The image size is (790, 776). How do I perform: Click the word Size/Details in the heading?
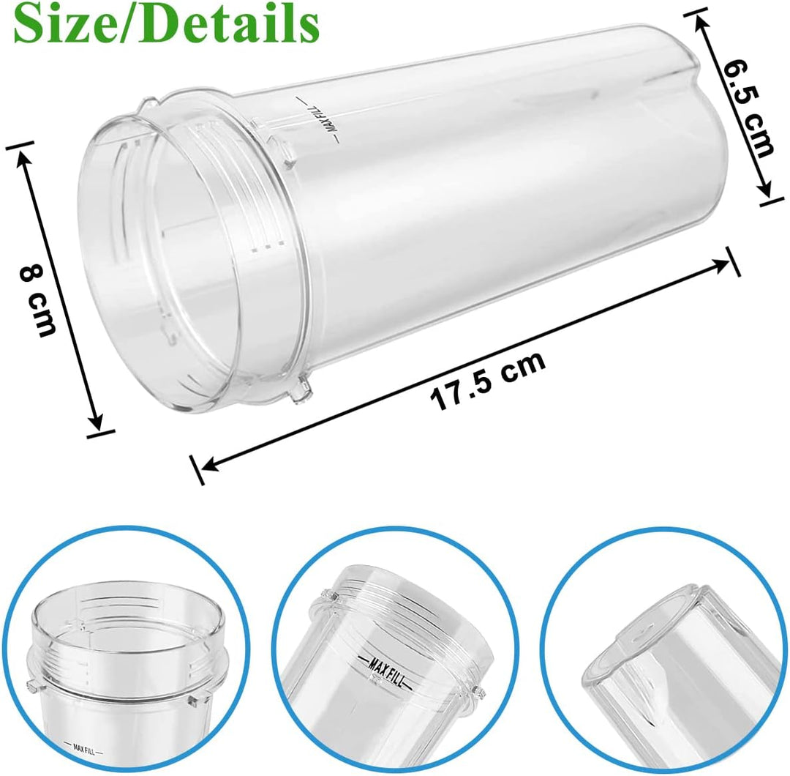167,23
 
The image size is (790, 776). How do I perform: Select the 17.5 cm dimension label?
488,381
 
